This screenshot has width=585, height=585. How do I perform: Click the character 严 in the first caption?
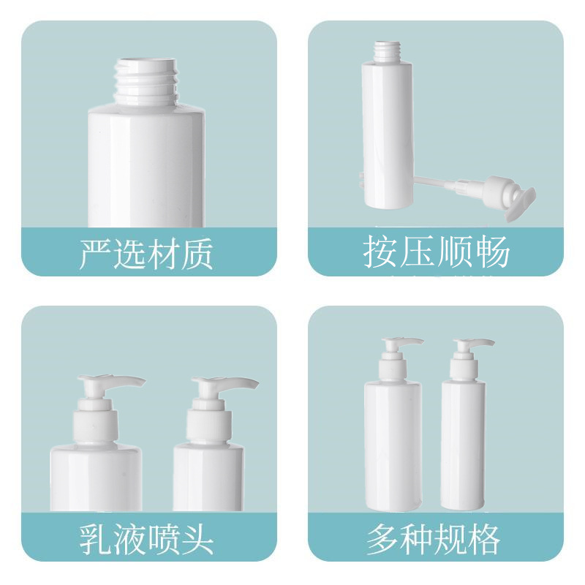[95, 253]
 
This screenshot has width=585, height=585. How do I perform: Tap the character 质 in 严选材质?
[197, 253]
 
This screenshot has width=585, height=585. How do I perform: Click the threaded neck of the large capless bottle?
[146, 82]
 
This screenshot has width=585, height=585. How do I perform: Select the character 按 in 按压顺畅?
[380, 251]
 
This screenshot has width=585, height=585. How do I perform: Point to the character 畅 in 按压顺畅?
[492, 251]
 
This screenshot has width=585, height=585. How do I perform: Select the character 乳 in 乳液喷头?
[95, 539]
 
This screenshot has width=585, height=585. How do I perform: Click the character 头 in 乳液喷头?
[197, 539]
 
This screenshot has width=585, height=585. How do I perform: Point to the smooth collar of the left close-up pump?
[96, 426]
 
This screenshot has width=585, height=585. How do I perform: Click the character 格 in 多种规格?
[483, 538]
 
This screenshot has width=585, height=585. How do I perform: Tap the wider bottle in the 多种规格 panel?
[393, 444]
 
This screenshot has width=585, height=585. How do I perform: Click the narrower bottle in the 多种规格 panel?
[464, 444]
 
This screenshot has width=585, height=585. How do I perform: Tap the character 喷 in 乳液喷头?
[163, 539]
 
